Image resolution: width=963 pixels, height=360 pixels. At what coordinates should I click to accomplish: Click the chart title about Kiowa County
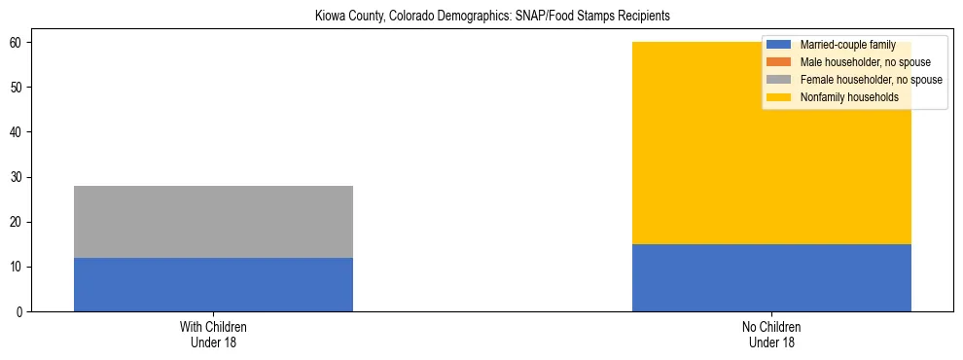[x=492, y=17]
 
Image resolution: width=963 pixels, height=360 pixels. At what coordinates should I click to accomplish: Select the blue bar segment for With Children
[x=213, y=284]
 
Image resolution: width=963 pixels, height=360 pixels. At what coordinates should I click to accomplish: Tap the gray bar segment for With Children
[x=213, y=222]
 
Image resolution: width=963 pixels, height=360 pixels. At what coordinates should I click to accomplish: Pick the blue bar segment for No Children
[x=771, y=277]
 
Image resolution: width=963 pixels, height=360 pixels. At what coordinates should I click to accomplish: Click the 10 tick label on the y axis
[x=18, y=268]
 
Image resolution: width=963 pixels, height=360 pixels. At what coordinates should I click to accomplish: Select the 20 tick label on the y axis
[x=18, y=222]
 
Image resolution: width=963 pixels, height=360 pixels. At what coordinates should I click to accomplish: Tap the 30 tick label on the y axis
[x=18, y=177]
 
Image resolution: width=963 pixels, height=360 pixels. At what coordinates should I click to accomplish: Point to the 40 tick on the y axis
[x=18, y=132]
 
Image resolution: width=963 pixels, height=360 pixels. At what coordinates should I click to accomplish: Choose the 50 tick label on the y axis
[x=18, y=88]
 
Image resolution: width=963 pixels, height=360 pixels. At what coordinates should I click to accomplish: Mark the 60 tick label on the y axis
[x=18, y=43]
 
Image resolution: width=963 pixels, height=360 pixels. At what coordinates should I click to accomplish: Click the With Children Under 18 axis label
[x=213, y=335]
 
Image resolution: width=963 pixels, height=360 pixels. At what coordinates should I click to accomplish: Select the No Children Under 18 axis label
[x=771, y=335]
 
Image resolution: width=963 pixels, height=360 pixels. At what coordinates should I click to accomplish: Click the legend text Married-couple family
[x=847, y=45]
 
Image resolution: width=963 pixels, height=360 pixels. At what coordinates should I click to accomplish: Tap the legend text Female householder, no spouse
[x=871, y=80]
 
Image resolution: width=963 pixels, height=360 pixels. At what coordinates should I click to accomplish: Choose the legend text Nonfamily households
[x=849, y=97]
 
